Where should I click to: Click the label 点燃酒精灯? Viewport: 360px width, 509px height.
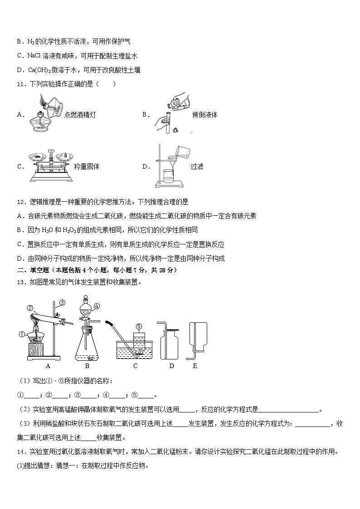[80, 115]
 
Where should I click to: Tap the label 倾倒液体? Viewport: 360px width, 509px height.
[204, 115]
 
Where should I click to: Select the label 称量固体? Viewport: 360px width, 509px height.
[87, 166]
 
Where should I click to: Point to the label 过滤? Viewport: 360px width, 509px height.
[197, 166]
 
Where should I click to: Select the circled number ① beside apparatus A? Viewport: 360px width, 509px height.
[21, 335]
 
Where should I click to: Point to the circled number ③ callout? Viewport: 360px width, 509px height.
[63, 303]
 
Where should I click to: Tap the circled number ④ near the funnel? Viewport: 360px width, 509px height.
[97, 306]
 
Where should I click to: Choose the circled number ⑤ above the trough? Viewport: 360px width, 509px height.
[139, 326]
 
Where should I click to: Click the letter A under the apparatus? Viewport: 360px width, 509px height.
[48, 366]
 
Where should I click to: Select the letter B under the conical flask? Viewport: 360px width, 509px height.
[87, 366]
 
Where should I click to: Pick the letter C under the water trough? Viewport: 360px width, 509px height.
[135, 366]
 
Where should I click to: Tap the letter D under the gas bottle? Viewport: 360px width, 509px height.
[171, 366]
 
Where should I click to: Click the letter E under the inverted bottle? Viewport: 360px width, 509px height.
[195, 366]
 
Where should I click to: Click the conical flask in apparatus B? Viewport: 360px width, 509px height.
[87, 347]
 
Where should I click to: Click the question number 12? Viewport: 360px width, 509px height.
[19, 202]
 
